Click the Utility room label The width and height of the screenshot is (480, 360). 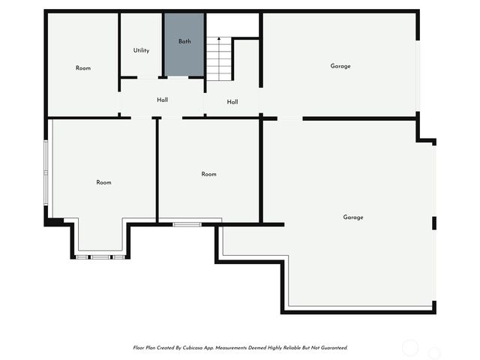pyautogui.click(x=141, y=51)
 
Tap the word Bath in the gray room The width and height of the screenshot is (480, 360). pyautogui.click(x=184, y=41)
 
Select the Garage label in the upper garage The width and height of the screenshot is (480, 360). pyautogui.click(x=340, y=66)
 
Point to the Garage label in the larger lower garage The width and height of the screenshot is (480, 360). pyautogui.click(x=353, y=217)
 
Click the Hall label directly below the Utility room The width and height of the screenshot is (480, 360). pyautogui.click(x=162, y=100)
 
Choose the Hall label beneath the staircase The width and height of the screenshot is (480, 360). pyautogui.click(x=232, y=102)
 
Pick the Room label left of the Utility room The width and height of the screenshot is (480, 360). pyautogui.click(x=83, y=68)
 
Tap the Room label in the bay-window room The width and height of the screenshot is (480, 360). pyautogui.click(x=103, y=182)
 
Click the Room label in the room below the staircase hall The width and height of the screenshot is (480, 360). pyautogui.click(x=208, y=174)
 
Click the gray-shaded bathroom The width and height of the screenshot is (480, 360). pyautogui.click(x=184, y=56)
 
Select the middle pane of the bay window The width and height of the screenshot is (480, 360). pyautogui.click(x=100, y=257)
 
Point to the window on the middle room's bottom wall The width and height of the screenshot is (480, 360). pyautogui.click(x=187, y=224)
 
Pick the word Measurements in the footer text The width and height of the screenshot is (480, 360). pyautogui.click(x=241, y=348)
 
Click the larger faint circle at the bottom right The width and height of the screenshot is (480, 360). pyautogui.click(x=410, y=347)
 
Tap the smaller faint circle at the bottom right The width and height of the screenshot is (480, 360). pyautogui.click(x=434, y=352)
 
